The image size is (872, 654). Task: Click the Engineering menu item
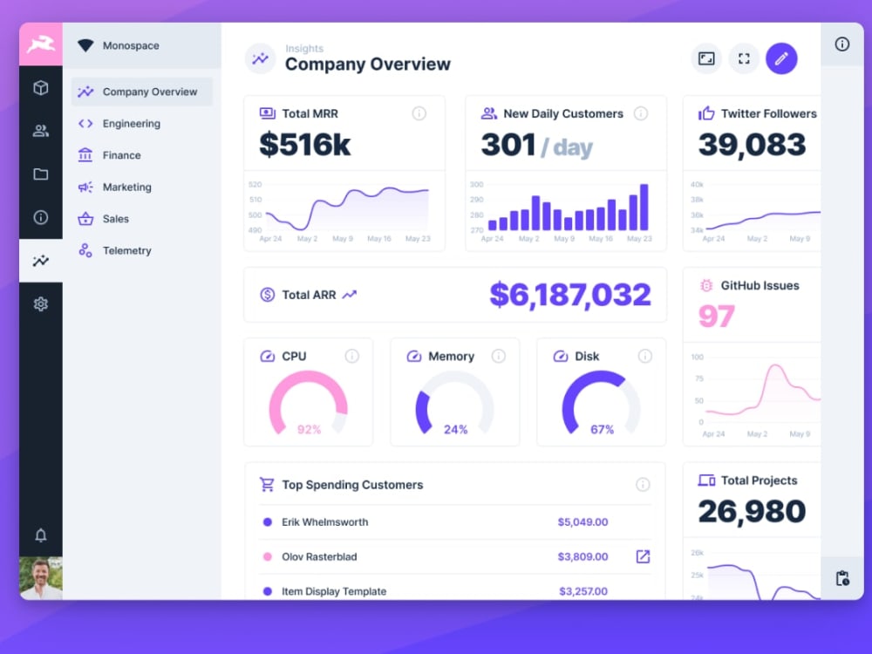(x=131, y=124)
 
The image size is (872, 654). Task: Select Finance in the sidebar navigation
(x=121, y=155)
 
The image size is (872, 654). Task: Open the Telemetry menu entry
(x=126, y=250)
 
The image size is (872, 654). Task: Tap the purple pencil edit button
(x=781, y=58)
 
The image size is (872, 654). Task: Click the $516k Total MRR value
(x=304, y=145)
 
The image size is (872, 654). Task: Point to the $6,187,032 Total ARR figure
(x=569, y=295)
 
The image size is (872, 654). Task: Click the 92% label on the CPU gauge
(x=309, y=429)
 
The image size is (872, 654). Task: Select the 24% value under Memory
(x=455, y=429)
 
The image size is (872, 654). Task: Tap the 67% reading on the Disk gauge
(x=602, y=429)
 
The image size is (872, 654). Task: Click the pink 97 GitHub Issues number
(x=716, y=316)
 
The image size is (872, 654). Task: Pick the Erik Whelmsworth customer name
(x=324, y=522)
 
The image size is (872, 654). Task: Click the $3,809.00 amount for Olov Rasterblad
(x=582, y=556)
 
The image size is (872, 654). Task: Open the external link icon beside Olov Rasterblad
(x=643, y=556)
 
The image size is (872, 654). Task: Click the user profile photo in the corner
(x=41, y=578)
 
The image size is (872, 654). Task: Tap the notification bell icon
(x=41, y=535)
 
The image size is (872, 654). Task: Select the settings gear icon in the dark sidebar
(x=41, y=304)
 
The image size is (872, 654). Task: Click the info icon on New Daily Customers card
(x=641, y=113)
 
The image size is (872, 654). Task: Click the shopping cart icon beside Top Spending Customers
(x=267, y=485)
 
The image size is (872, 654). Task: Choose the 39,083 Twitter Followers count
(x=752, y=145)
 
